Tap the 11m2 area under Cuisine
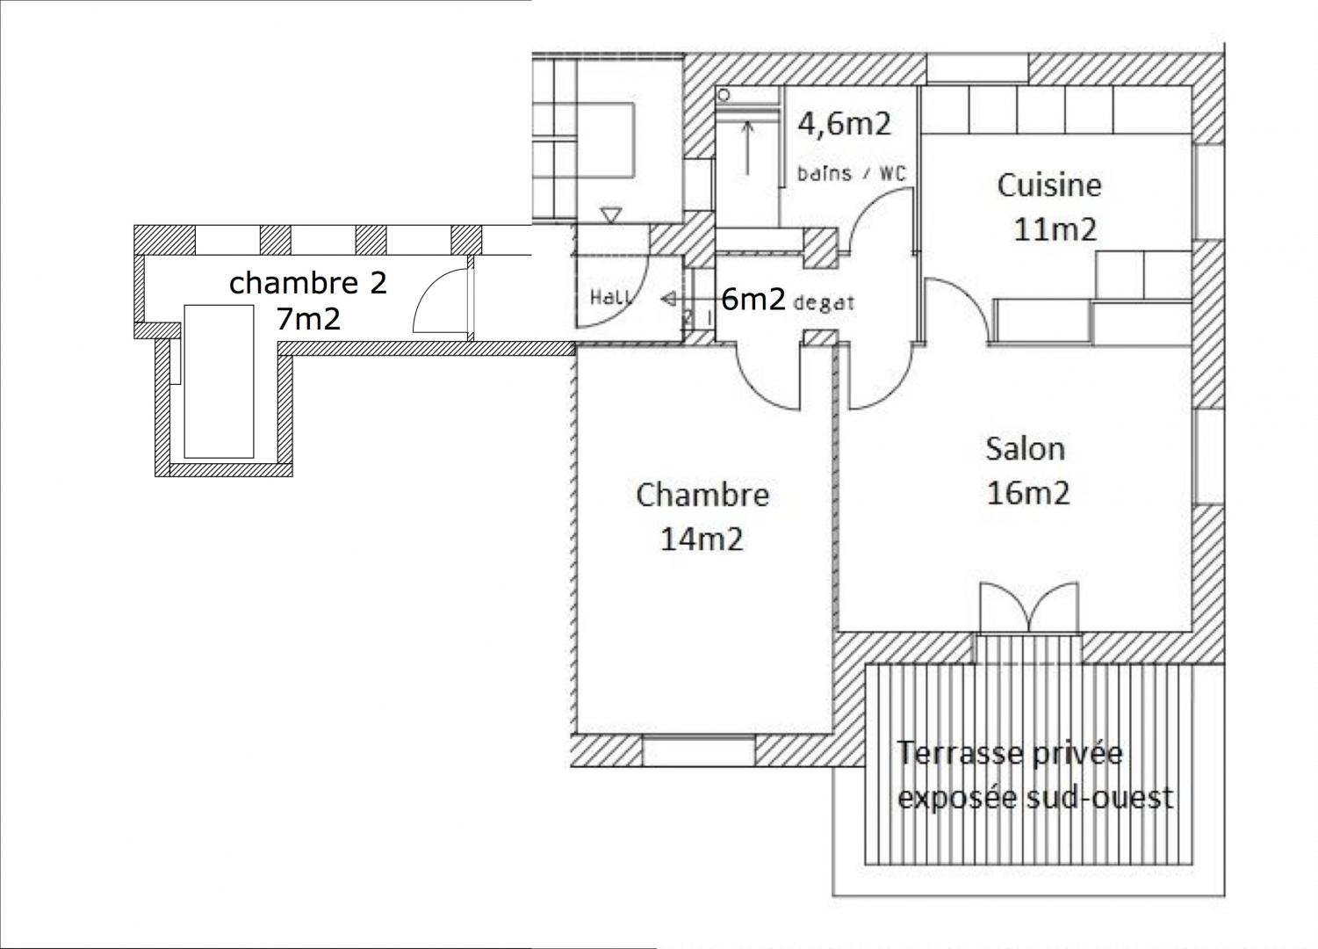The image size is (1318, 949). click(x=1055, y=229)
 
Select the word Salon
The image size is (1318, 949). click(x=1026, y=449)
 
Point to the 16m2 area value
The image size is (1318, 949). click(x=1028, y=493)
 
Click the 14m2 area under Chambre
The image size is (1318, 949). click(x=702, y=539)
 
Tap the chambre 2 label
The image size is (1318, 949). click(x=307, y=283)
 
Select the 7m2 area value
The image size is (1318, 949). click(x=308, y=319)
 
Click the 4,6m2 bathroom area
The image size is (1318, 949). click(x=844, y=124)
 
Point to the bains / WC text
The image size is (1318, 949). click(x=852, y=174)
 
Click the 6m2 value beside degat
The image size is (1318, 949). click(x=753, y=300)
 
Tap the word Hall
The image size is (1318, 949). click(x=612, y=297)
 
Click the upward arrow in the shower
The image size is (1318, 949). click(x=747, y=147)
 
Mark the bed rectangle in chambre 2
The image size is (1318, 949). click(x=219, y=381)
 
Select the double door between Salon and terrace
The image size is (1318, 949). click(x=1029, y=608)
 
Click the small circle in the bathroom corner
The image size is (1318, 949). click(x=724, y=95)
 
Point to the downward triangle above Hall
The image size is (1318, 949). click(x=610, y=215)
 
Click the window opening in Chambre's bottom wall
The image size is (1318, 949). click(x=698, y=751)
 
